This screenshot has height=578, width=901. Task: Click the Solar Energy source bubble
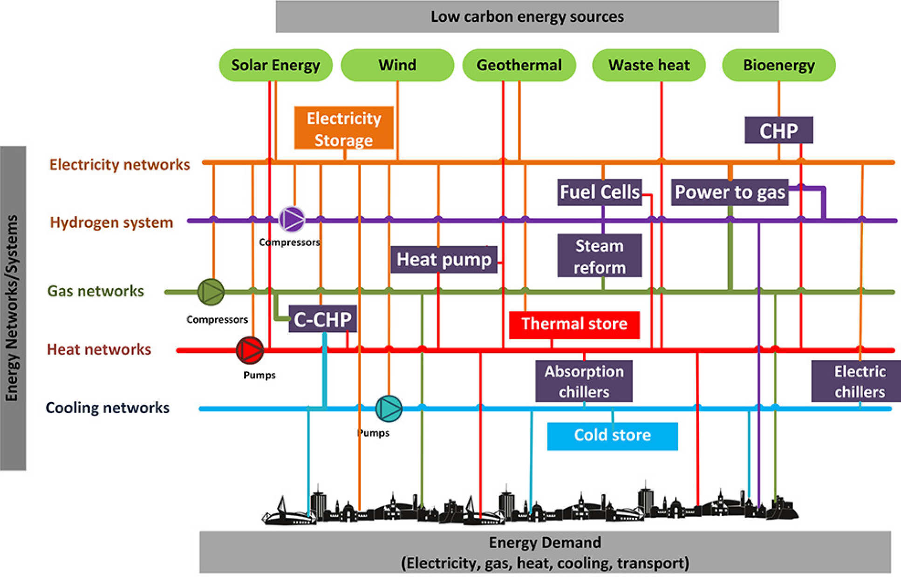275,65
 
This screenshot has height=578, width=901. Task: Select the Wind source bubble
397,65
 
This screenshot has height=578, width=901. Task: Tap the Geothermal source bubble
519,65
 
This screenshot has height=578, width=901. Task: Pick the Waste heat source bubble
649,65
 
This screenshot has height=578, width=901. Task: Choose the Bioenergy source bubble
778,65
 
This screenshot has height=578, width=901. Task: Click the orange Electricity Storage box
344,128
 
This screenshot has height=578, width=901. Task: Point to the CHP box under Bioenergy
778,130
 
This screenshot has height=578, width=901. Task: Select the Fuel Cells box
600,192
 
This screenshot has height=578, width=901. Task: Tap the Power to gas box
730,192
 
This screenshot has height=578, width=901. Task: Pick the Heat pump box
444,259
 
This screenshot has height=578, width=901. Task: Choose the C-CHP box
322,319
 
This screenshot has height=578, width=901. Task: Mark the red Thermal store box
574,324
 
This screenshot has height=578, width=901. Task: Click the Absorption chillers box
584,381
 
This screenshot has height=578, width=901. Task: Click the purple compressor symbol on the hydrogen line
292,219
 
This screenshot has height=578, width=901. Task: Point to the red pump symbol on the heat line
250,350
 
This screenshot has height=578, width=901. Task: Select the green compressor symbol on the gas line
211,292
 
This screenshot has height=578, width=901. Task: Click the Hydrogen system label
111,222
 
